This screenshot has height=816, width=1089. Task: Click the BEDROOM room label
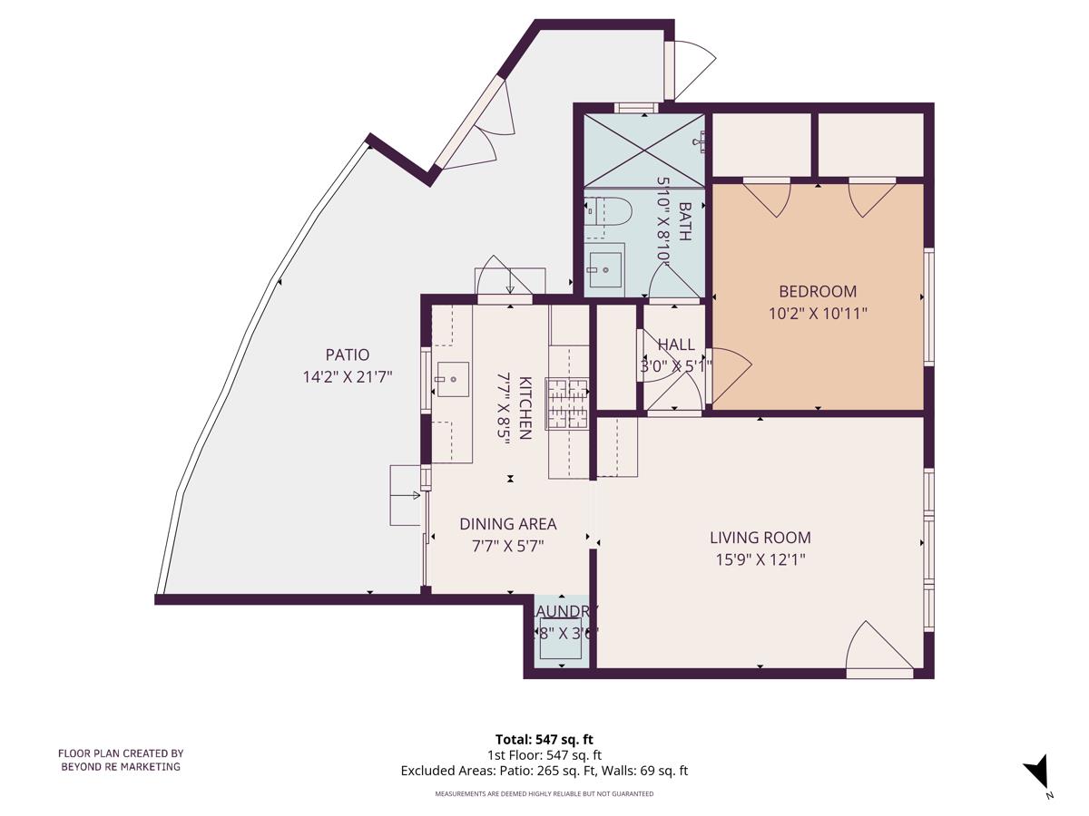click(818, 291)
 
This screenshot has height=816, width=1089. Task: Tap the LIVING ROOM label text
click(760, 538)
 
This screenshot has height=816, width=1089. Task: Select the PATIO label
click(348, 355)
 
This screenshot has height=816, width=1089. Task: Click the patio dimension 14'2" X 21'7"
click(348, 376)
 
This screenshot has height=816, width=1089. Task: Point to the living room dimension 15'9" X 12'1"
click(760, 559)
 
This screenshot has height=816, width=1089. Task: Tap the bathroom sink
click(605, 269)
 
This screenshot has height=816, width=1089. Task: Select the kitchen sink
click(452, 379)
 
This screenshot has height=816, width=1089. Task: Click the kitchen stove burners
click(567, 403)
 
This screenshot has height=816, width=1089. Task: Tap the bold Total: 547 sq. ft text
click(544, 739)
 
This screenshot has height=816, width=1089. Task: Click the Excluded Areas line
click(544, 771)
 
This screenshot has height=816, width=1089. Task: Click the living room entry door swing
click(876, 647)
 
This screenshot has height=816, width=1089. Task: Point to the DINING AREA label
click(507, 523)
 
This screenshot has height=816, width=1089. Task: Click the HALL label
click(675, 345)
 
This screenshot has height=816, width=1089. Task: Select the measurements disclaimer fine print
click(544, 793)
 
